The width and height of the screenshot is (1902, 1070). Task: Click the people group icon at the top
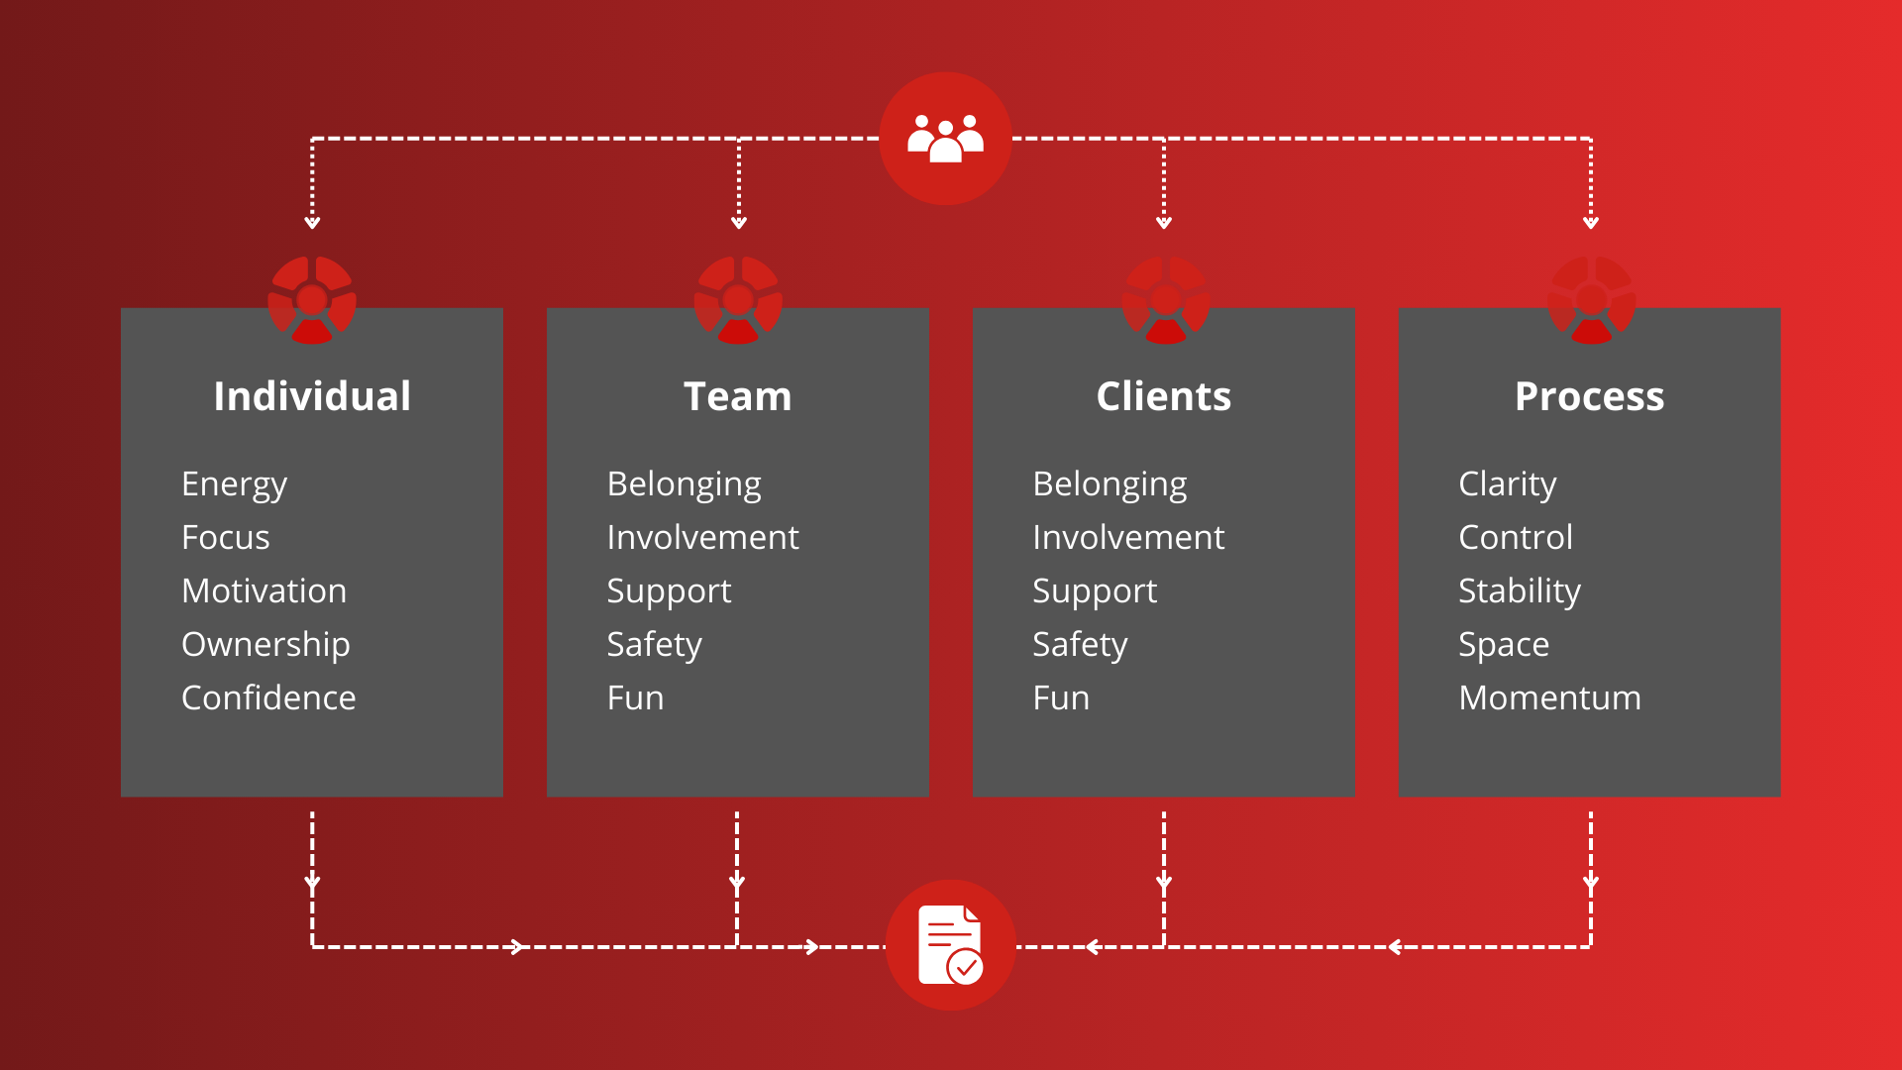(945, 138)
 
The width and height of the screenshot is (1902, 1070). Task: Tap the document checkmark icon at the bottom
(950, 945)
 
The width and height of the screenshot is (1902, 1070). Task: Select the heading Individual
(312, 396)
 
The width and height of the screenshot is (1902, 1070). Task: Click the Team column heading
(738, 396)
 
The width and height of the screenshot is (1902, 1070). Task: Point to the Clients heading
(1164, 396)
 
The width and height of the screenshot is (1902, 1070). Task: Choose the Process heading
(1590, 396)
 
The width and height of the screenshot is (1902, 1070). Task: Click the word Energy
(235, 484)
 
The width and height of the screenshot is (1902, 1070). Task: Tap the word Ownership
(265, 645)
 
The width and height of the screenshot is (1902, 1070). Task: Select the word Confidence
(268, 697)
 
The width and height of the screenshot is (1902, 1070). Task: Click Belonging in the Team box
(685, 484)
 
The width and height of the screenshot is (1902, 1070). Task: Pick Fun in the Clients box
(1061, 697)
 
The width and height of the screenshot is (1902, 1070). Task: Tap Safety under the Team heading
(655, 645)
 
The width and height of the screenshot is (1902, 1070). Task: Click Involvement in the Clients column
(1128, 537)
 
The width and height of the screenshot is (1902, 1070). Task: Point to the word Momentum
(1550, 697)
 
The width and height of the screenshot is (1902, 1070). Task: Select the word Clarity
(1508, 484)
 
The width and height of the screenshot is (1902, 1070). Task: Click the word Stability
(1520, 591)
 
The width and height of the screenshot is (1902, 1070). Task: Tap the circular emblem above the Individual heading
(312, 300)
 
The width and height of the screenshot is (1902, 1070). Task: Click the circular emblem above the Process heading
(1591, 300)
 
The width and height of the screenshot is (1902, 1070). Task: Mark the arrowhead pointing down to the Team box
(739, 223)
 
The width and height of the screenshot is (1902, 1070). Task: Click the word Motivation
(264, 590)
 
